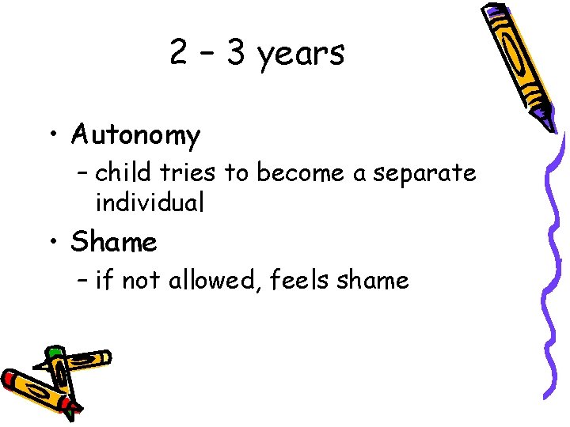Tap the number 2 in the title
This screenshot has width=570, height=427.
click(x=179, y=53)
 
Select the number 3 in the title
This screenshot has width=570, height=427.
click(x=235, y=53)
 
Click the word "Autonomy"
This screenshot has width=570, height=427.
click(x=135, y=135)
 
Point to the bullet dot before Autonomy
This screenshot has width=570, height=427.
click(x=52, y=134)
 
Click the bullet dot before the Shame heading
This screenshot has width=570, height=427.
click(x=52, y=242)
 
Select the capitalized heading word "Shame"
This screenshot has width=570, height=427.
click(x=114, y=242)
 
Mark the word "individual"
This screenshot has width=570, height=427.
click(x=150, y=202)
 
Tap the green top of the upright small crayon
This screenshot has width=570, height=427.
click(x=55, y=351)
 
